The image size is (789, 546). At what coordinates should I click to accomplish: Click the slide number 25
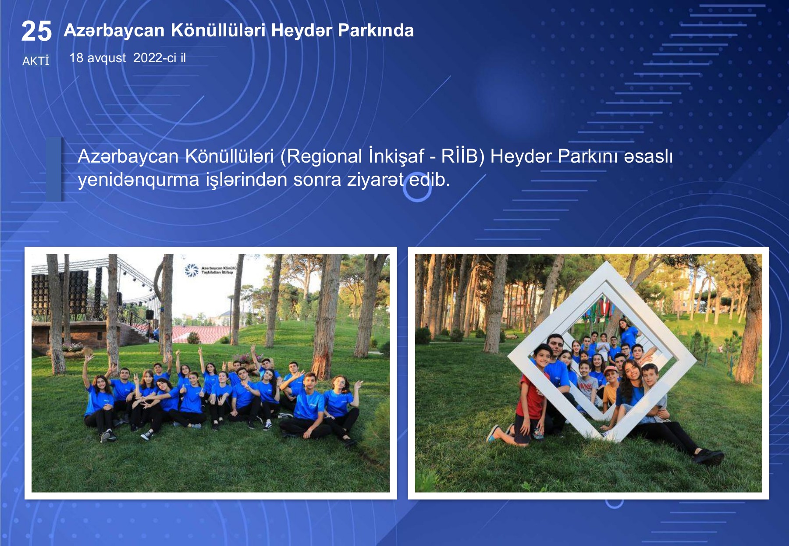pos(36,32)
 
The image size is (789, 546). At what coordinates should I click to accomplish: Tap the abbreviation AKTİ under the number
pos(36,60)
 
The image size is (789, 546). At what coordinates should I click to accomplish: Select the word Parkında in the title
pos(376,30)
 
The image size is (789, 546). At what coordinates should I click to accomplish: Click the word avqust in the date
pos(107,58)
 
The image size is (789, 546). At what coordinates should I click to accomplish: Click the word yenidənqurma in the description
pos(139,180)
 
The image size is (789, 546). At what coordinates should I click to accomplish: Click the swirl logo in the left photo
pos(192,270)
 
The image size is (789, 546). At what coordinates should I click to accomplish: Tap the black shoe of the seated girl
pos(708,456)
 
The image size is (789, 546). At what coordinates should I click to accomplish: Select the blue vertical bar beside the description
pos(54,169)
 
